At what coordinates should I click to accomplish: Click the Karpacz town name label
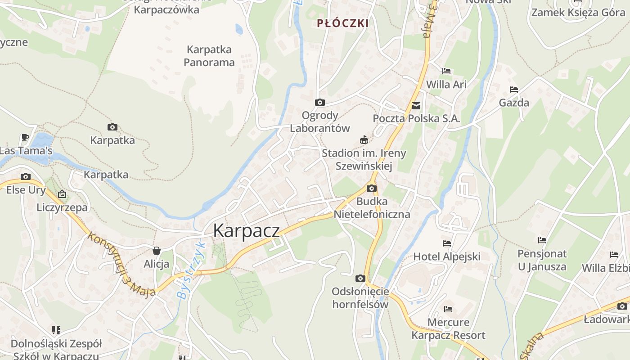246,230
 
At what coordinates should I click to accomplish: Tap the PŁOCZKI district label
343,23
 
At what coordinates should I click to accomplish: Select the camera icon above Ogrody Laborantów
320,103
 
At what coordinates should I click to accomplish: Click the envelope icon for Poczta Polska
416,106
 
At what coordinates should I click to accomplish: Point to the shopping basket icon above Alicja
157,251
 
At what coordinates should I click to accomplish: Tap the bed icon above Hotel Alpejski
446,243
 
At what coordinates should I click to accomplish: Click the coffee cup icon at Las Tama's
25,138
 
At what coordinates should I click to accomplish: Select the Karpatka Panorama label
209,56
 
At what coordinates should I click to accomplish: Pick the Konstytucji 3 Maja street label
122,265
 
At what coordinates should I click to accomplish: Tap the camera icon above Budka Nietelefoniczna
372,188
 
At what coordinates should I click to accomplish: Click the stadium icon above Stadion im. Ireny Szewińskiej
364,140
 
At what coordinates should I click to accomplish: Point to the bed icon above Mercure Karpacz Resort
448,309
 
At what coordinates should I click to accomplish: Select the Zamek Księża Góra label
578,12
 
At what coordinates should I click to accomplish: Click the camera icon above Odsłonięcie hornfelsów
360,279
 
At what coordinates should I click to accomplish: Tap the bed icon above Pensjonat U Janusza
542,240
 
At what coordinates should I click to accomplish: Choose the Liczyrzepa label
62,207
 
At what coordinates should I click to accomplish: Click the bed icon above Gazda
514,90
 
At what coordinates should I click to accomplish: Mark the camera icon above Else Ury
26,176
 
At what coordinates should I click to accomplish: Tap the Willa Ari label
446,84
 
